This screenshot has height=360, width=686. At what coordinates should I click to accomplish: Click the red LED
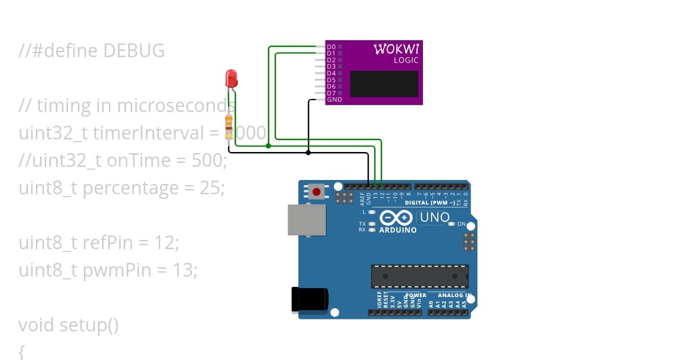(231, 78)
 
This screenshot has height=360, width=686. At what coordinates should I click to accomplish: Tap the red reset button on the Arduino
(316, 191)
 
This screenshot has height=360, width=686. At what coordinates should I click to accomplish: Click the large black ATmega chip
(420, 276)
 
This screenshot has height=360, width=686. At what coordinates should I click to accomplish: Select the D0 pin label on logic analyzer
(331, 46)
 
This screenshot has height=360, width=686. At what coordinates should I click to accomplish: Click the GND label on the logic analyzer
(334, 99)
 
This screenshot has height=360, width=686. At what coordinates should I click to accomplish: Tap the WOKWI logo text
(396, 49)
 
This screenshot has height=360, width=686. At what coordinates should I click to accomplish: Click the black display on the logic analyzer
(384, 83)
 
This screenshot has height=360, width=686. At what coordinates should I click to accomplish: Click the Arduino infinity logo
(395, 218)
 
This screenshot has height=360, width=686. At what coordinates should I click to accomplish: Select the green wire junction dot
(268, 146)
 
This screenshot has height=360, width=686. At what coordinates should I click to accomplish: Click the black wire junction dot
(308, 153)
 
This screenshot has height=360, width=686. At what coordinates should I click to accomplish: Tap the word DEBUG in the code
(134, 51)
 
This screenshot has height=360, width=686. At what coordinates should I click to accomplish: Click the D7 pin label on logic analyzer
(331, 93)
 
